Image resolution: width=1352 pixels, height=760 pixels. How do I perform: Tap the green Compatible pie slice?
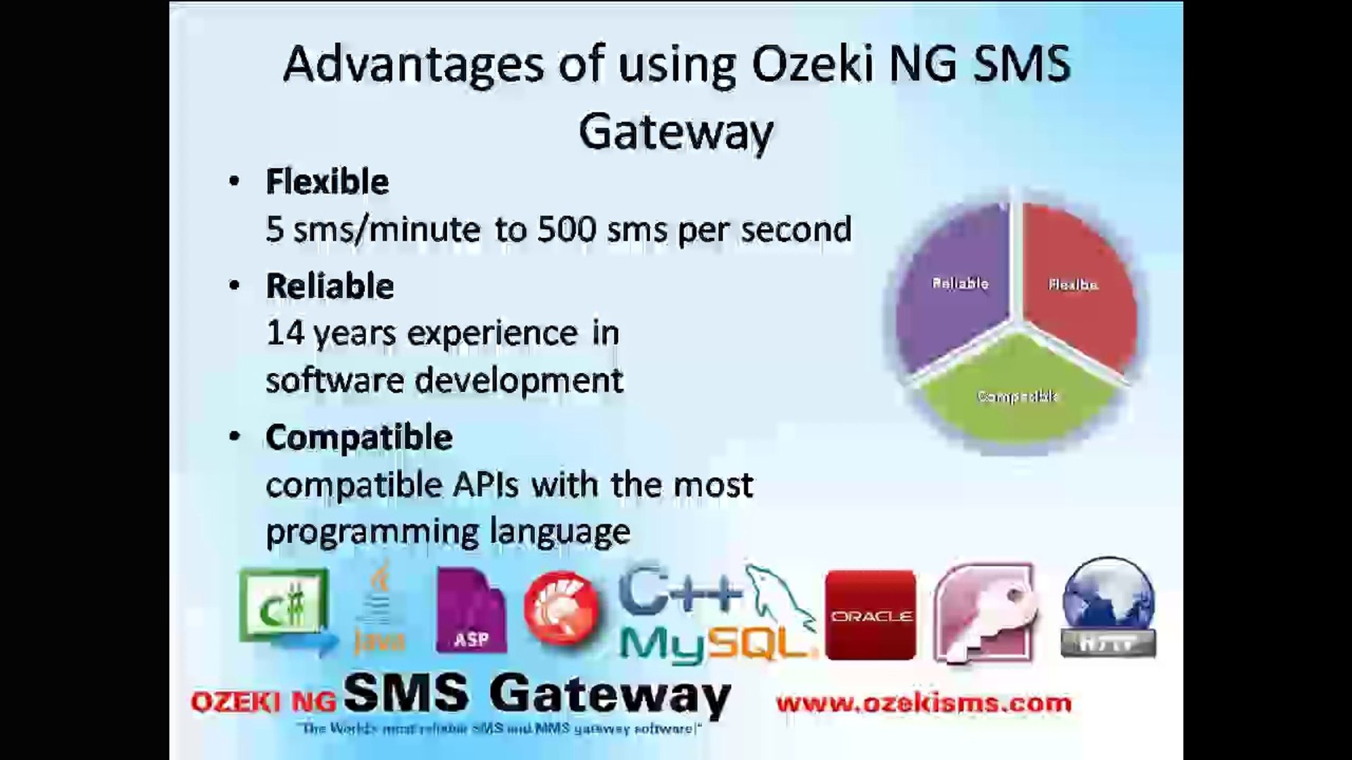click(x=1018, y=398)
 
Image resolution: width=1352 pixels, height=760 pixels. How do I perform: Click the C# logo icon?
click(x=285, y=609)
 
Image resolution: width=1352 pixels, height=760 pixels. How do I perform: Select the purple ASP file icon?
click(x=470, y=611)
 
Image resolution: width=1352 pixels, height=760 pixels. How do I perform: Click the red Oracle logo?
click(x=871, y=615)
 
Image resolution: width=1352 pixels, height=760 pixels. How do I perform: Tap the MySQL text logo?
click(x=715, y=642)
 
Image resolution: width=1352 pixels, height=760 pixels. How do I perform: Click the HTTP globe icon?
click(x=1108, y=608)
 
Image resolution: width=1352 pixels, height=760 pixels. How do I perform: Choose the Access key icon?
click(x=986, y=612)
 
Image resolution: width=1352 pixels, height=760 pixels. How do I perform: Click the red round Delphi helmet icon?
click(x=561, y=607)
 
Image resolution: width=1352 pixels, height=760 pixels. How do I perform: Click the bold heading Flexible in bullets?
click(x=327, y=182)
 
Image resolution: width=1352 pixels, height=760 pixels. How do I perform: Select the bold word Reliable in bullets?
click(x=330, y=286)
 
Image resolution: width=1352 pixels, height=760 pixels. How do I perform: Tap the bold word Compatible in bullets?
click(x=358, y=437)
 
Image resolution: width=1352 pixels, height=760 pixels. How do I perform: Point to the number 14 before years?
click(x=284, y=333)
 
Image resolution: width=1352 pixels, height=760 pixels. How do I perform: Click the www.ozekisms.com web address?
click(x=923, y=702)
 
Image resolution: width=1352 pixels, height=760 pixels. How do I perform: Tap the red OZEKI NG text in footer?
click(x=263, y=702)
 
